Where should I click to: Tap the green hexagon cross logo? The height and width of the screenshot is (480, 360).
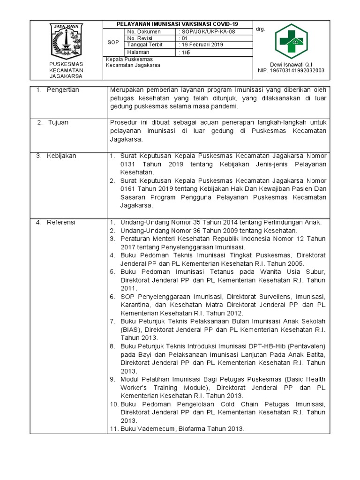(x=291, y=41)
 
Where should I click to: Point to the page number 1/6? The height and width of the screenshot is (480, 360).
(x=186, y=53)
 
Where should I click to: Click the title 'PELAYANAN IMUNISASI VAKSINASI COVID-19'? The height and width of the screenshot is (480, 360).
(x=177, y=24)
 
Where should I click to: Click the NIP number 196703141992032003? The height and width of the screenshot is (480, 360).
(x=291, y=71)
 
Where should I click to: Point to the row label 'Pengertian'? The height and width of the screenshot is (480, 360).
(x=63, y=90)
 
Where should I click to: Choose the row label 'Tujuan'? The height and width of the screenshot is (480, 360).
(x=58, y=122)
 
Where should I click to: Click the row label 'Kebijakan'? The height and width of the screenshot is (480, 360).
(x=61, y=156)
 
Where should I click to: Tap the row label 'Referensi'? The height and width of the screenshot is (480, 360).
(x=61, y=222)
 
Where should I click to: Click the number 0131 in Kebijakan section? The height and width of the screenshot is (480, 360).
(x=127, y=164)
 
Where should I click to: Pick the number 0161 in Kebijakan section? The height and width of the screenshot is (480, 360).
(x=127, y=189)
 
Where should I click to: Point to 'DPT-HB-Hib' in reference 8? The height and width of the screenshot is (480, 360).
(x=256, y=346)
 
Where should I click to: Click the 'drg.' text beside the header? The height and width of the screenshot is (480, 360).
(x=261, y=29)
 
